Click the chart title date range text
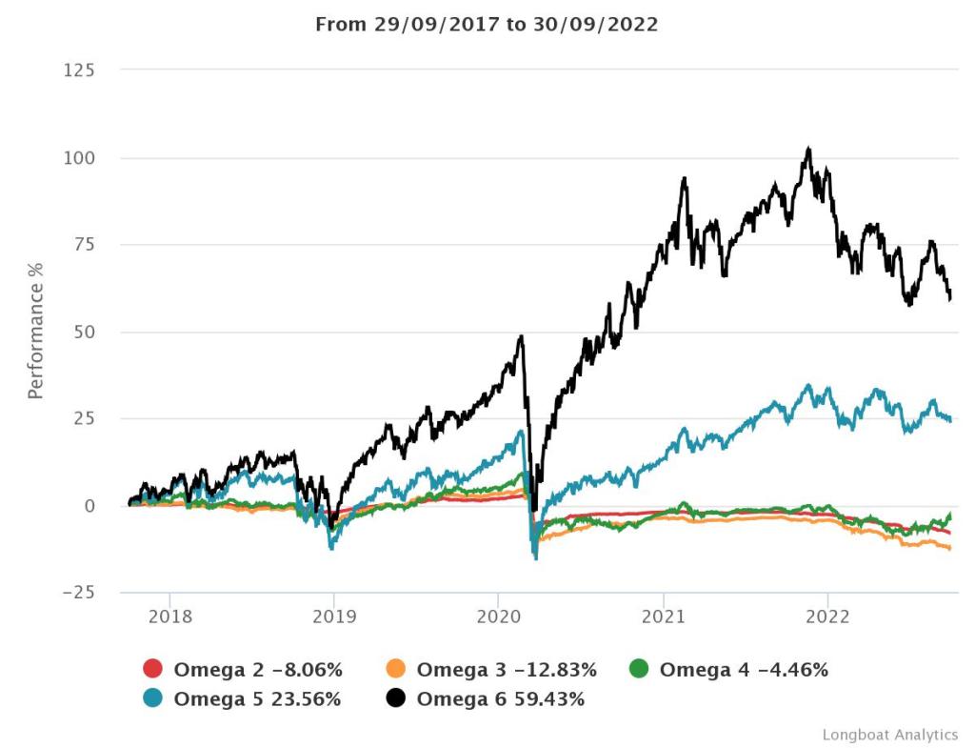(x=487, y=25)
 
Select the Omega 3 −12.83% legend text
(x=507, y=670)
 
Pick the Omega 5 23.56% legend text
(x=257, y=699)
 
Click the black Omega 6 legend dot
(x=397, y=699)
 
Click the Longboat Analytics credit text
(x=889, y=735)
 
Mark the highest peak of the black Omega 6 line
(x=808, y=150)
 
